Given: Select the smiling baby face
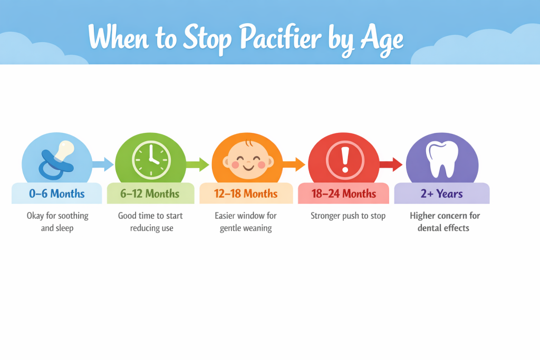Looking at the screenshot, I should (247, 158).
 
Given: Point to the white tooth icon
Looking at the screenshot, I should (442, 158).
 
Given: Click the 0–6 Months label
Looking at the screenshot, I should (57, 194).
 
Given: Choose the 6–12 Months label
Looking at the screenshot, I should (150, 194).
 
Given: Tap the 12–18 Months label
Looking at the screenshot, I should (246, 194).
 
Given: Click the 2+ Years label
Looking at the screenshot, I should (441, 194).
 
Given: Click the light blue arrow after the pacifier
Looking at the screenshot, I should (103, 164).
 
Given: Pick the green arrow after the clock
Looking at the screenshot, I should (199, 164).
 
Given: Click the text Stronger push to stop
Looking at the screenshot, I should (348, 216).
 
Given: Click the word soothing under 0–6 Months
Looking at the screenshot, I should (70, 216).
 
